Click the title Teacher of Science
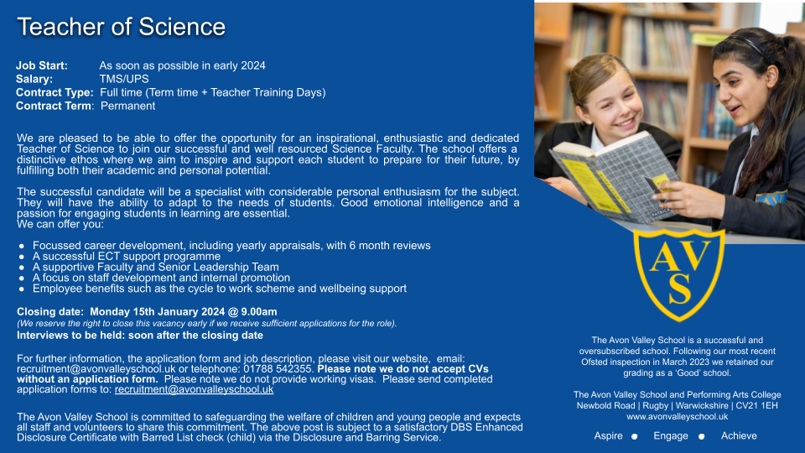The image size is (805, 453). pos(121,27)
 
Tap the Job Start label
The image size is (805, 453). pos(42,65)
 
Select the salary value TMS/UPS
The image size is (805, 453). pos(124,79)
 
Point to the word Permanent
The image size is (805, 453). pos(127,106)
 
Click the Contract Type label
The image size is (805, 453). pos(55,92)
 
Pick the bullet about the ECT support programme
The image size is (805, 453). pos(127,257)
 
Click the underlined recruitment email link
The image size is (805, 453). pos(194,389)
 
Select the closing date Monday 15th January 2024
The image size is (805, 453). pos(157,312)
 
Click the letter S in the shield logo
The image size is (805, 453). pos(680,289)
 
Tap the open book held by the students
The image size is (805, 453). pos(615,177)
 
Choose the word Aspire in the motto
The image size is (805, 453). pos(609,435)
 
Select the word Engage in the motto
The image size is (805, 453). pos(671,435)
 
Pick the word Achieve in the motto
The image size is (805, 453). pos(739,435)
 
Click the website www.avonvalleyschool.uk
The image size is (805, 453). pos(678,417)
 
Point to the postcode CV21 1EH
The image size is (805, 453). pos(757,406)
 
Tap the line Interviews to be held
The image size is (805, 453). pos(140,336)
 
